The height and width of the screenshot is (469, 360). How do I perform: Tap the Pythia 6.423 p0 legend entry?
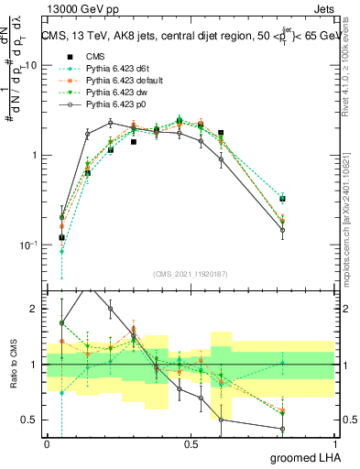pyautogui.click(x=114, y=104)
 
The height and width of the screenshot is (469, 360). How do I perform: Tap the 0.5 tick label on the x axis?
pyautogui.click(x=191, y=444)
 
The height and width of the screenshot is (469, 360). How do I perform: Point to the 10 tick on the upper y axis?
pyautogui.click(x=32, y=66)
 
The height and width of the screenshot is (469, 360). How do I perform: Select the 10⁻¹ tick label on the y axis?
pyautogui.click(x=29, y=245)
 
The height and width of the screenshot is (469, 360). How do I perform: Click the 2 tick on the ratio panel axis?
pyautogui.click(x=37, y=309)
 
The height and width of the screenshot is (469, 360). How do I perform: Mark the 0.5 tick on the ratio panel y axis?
pyautogui.click(x=32, y=420)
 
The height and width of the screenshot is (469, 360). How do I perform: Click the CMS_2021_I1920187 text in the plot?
pyautogui.click(x=191, y=274)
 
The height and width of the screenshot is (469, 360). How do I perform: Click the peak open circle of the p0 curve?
pyautogui.click(x=110, y=123)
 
